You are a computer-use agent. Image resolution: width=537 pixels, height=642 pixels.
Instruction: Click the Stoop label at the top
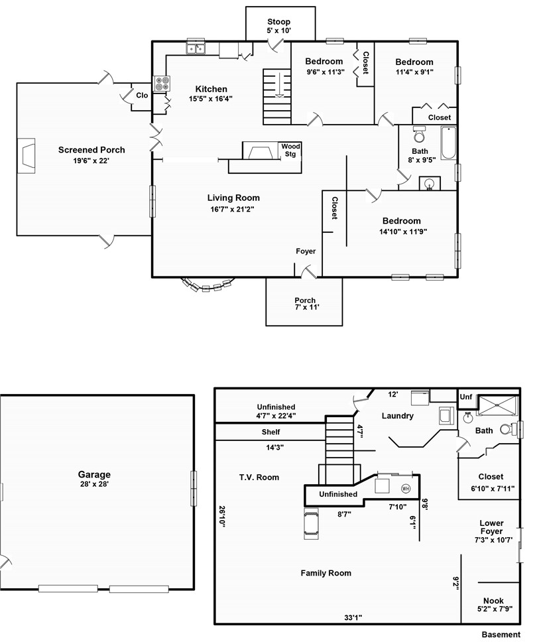278,22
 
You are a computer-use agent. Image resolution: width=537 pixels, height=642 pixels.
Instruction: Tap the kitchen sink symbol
196,48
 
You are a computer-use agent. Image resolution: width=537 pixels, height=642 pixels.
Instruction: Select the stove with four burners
162,84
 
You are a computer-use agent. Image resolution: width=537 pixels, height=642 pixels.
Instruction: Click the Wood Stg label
290,150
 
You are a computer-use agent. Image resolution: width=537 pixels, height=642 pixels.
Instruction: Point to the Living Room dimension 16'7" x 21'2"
233,209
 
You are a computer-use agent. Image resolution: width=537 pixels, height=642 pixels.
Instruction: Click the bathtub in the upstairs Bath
449,143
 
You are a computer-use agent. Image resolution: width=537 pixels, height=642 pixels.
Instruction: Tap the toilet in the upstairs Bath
419,134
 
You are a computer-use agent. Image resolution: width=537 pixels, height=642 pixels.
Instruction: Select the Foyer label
306,251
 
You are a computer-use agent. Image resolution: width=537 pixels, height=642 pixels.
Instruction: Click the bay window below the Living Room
208,285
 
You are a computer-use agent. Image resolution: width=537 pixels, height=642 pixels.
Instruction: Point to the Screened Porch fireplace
27,156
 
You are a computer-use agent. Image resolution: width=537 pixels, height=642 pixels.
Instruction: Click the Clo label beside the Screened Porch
142,95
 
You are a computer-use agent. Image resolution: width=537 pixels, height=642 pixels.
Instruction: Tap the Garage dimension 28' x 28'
94,484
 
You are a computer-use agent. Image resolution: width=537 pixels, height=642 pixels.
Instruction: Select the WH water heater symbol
406,488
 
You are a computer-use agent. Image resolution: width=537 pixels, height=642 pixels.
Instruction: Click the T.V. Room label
259,477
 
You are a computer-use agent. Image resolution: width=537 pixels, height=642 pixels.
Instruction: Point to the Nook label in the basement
493,600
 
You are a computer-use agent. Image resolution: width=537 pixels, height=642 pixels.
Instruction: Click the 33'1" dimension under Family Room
353,617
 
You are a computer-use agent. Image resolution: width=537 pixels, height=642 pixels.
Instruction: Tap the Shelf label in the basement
271,432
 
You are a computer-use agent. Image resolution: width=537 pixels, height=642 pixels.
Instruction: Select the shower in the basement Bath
499,406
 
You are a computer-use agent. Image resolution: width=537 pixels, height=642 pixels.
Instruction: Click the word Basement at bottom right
501,634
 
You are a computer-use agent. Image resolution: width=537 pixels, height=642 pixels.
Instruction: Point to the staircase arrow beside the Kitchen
279,85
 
